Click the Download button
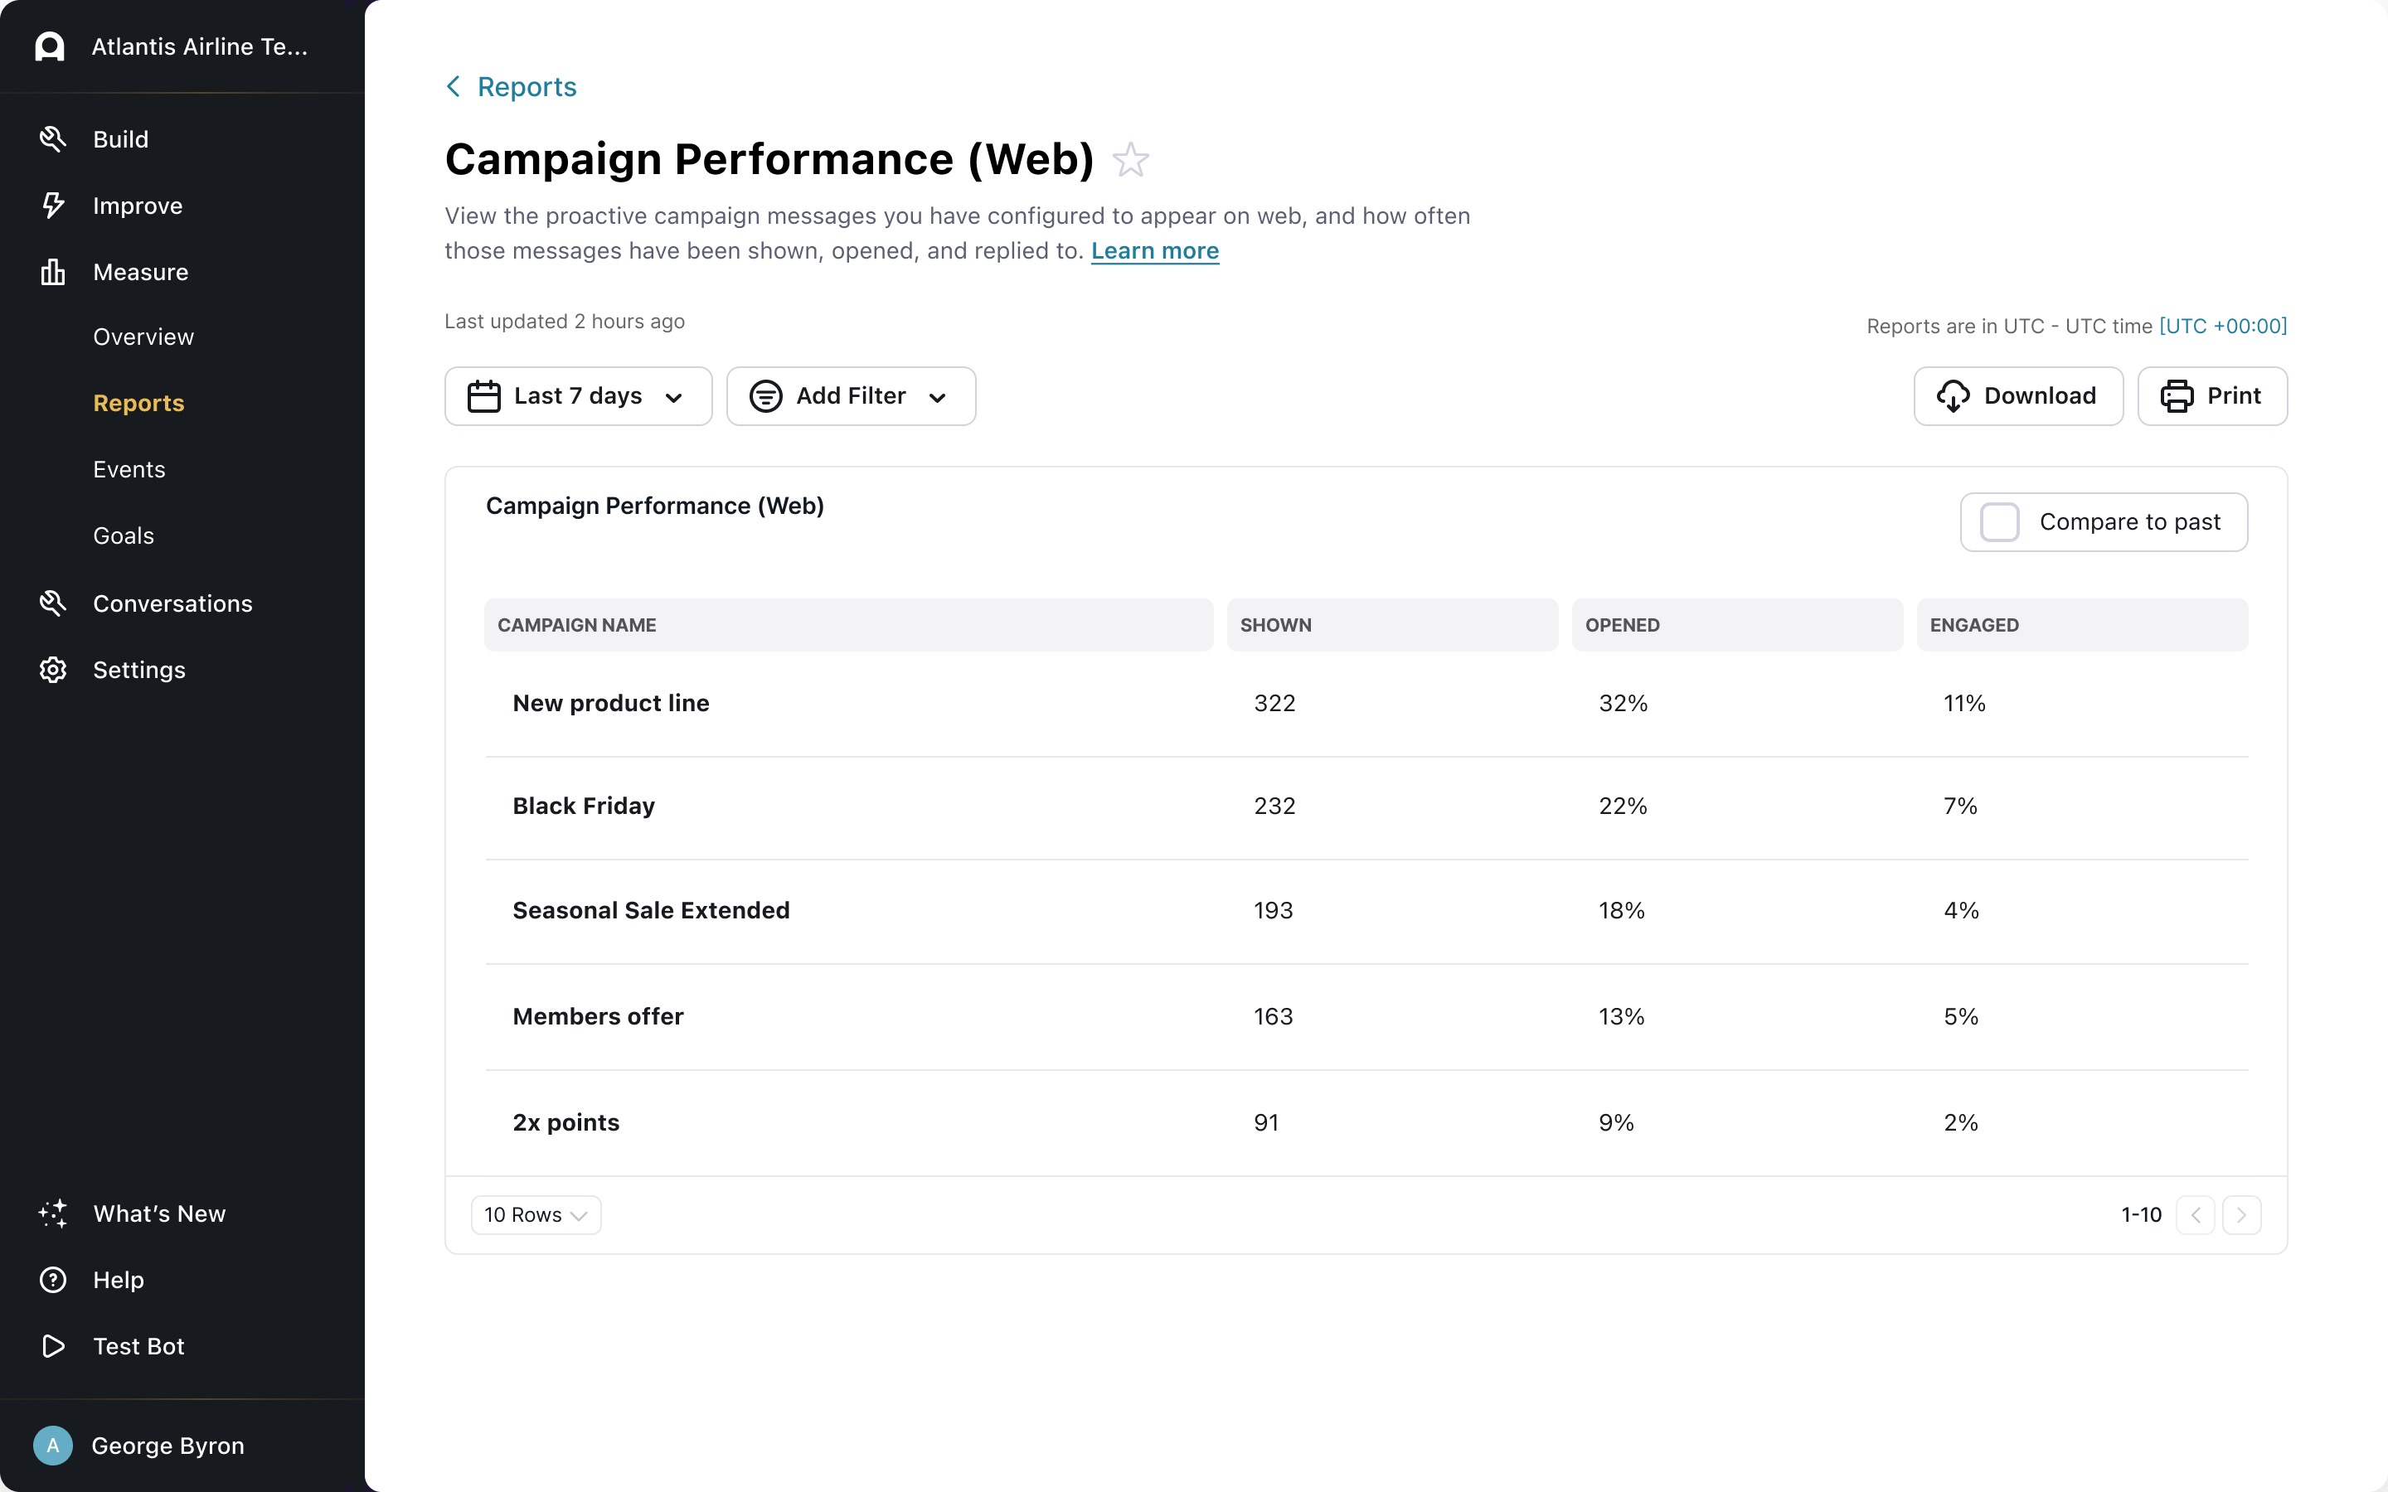coord(2018,395)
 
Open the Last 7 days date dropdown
coord(578,395)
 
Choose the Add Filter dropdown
coord(851,395)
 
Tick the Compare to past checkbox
coord(1999,522)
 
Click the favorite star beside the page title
coord(1131,160)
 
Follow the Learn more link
coord(1154,250)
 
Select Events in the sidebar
coord(129,470)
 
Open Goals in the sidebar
coord(124,535)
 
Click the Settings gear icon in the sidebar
coord(53,670)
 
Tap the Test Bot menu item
coord(138,1346)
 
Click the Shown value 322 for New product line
coord(1274,704)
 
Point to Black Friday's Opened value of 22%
coord(1622,807)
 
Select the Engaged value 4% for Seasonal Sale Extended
coord(1961,911)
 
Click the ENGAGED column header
coord(1973,625)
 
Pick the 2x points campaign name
coord(565,1123)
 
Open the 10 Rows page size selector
coord(536,1214)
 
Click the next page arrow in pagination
coord(2241,1214)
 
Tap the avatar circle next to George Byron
coord(53,1446)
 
